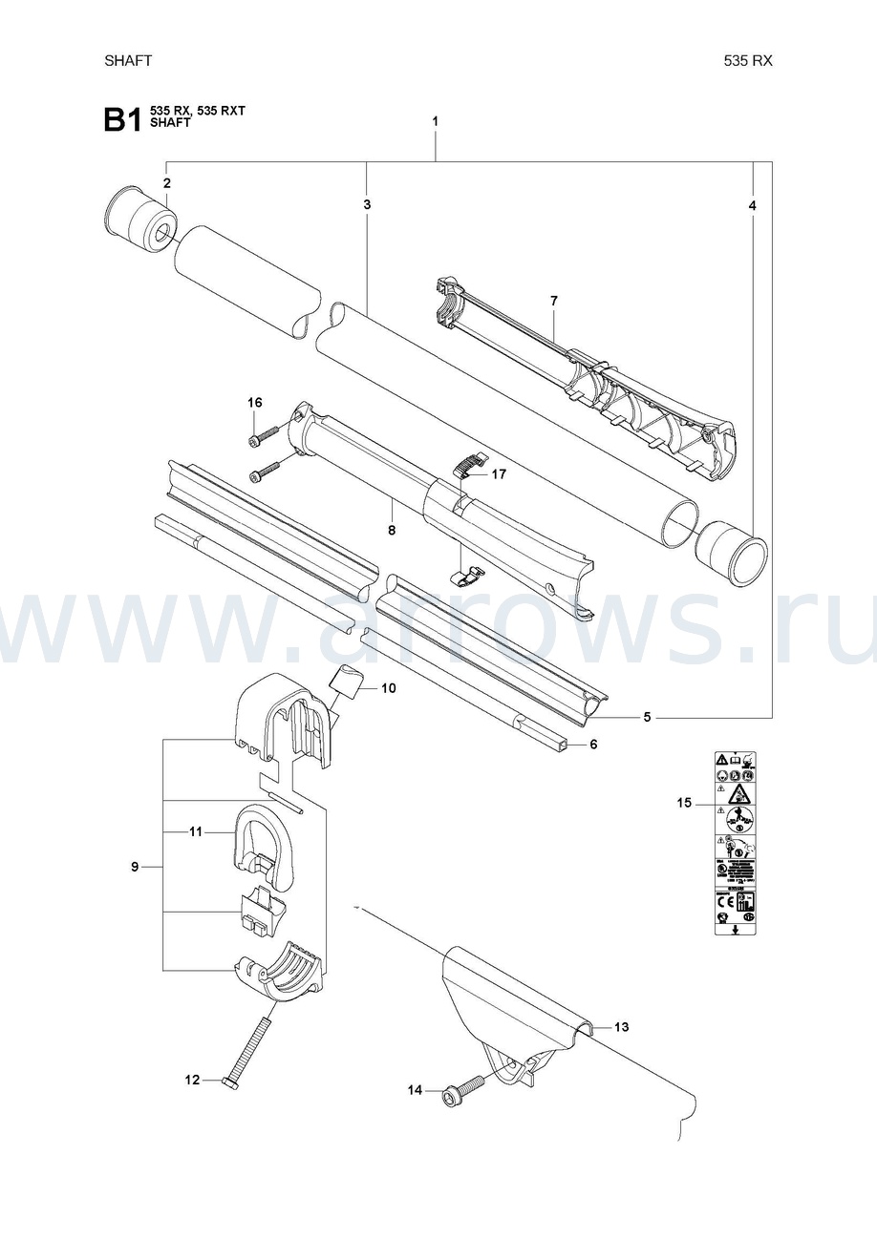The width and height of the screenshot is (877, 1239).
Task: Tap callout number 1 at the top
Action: pyautogui.click(x=436, y=121)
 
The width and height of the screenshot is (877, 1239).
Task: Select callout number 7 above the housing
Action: pyautogui.click(x=554, y=301)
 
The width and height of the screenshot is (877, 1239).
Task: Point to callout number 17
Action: pyautogui.click(x=499, y=473)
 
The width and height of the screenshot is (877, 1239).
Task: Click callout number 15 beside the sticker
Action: pyautogui.click(x=684, y=803)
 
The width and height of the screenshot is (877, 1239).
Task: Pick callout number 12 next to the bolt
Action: pyautogui.click(x=192, y=1080)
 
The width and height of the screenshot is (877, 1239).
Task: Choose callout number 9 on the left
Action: pyautogui.click(x=136, y=867)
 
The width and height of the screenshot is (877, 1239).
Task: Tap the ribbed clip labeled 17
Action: pyautogui.click(x=465, y=463)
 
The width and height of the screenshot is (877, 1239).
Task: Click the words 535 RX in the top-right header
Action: pyautogui.click(x=748, y=60)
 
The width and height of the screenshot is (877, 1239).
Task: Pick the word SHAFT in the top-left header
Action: pyautogui.click(x=128, y=60)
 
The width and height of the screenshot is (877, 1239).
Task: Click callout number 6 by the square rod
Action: pyautogui.click(x=592, y=744)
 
